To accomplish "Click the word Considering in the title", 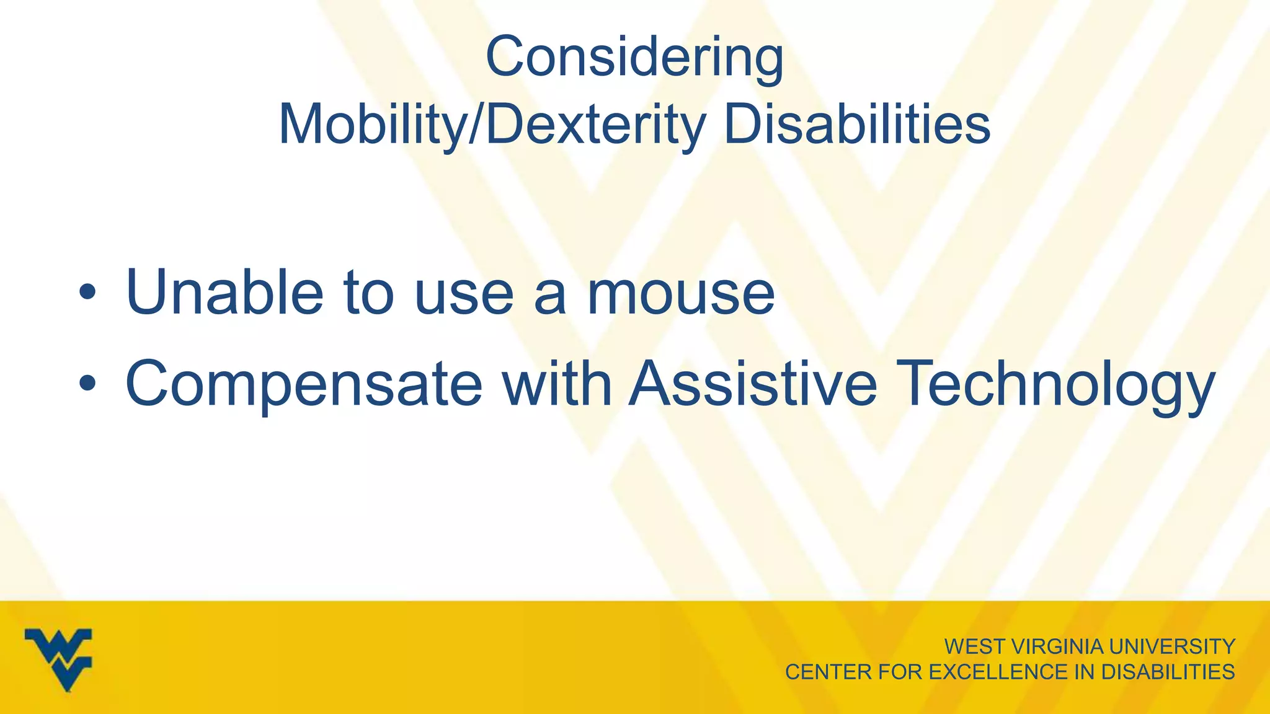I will (634, 58).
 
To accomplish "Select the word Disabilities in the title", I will (857, 125).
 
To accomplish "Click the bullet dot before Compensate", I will (87, 384).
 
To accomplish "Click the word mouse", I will (680, 293).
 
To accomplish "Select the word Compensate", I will (304, 384).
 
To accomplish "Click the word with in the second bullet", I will (556, 384).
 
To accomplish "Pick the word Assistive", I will (753, 384).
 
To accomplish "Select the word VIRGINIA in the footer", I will (1057, 647).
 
